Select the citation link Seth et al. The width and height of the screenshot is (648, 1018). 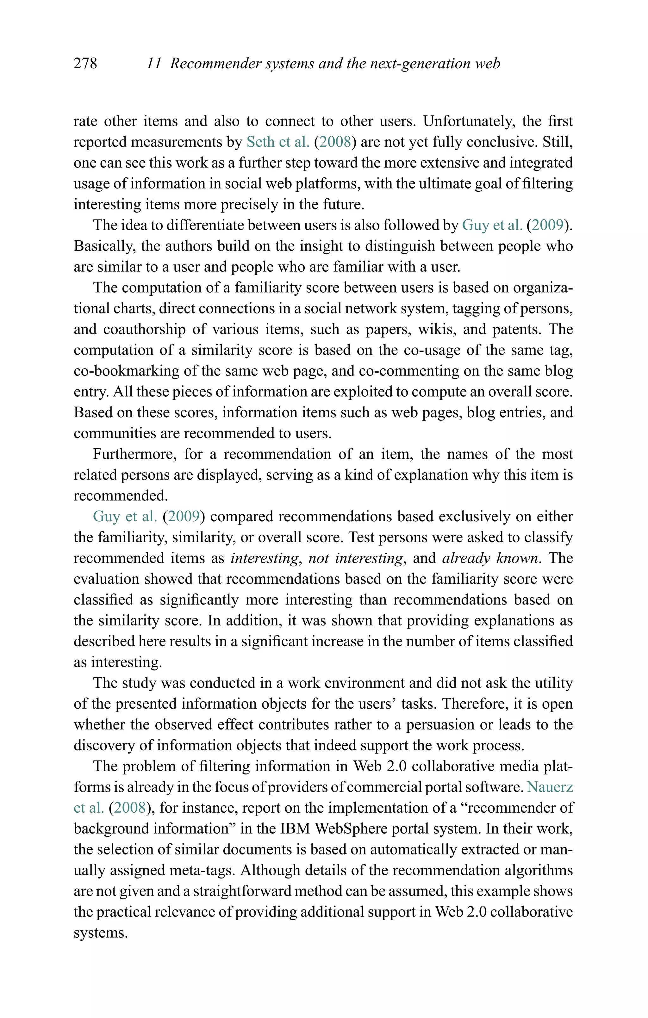click(278, 142)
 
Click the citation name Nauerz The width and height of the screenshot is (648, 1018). click(550, 787)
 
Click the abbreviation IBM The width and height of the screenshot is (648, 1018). click(295, 829)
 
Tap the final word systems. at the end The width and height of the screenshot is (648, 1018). click(100, 933)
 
